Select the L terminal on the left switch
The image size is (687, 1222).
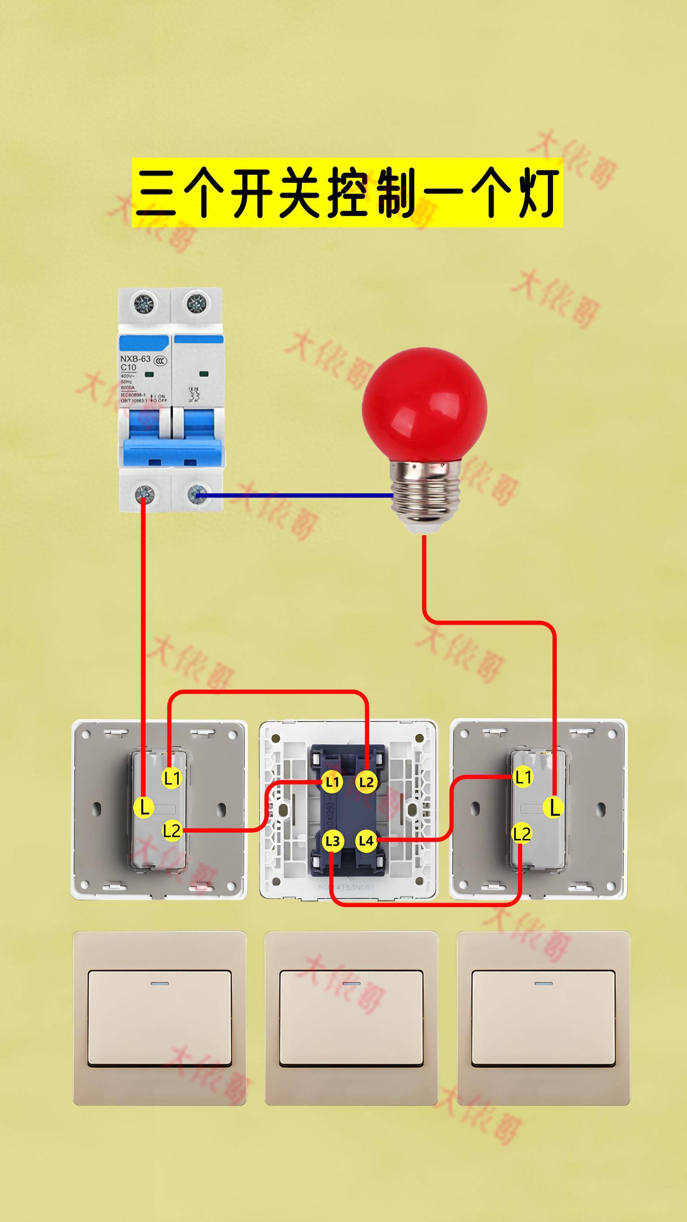coord(144,807)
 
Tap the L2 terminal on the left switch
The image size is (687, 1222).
coord(172,831)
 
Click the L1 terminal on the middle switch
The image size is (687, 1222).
coord(332,782)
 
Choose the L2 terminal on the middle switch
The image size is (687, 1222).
coord(366,782)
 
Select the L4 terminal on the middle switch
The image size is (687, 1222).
coord(366,841)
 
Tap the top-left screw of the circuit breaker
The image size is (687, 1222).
coord(144,302)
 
